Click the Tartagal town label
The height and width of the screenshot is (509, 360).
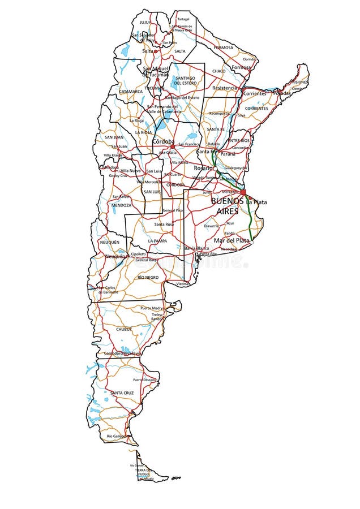(x=183, y=19)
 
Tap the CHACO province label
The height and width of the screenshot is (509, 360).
(x=218, y=71)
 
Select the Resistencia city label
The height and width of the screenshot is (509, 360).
(x=225, y=88)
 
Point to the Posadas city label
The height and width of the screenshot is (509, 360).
(x=281, y=93)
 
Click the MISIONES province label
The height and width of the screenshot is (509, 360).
(x=300, y=82)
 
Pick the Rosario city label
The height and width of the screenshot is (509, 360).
(x=203, y=168)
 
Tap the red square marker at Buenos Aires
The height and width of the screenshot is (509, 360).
(x=243, y=192)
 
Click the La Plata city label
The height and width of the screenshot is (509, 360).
(x=256, y=202)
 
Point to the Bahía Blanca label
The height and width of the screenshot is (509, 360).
(x=196, y=248)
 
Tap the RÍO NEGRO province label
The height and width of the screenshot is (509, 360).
(x=148, y=277)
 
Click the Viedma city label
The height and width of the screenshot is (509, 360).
(x=182, y=283)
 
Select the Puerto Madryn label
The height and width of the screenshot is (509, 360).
(x=151, y=308)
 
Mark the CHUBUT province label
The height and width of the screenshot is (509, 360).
(x=124, y=329)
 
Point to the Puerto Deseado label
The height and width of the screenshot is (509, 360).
(x=144, y=379)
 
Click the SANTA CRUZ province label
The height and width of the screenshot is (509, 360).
(x=122, y=392)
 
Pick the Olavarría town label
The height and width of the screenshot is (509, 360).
(x=211, y=226)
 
